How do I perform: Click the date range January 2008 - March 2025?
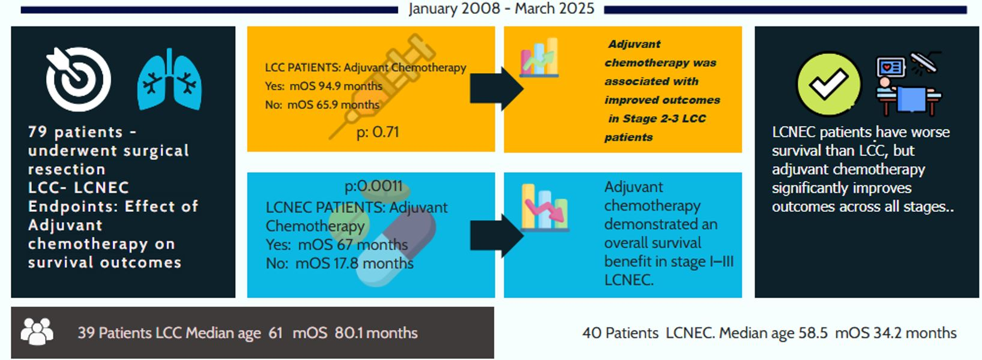coord(501,9)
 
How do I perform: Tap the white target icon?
coord(79,79)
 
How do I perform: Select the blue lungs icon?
coord(169,80)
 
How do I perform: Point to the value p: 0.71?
coord(378,133)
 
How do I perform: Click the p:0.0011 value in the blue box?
coord(373,187)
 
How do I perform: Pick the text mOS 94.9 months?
coord(336,86)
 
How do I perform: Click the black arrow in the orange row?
coord(496,89)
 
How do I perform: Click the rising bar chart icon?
coord(539,59)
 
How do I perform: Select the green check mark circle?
coord(828,83)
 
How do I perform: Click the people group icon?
coord(37,332)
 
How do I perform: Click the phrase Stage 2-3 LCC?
coord(657,119)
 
